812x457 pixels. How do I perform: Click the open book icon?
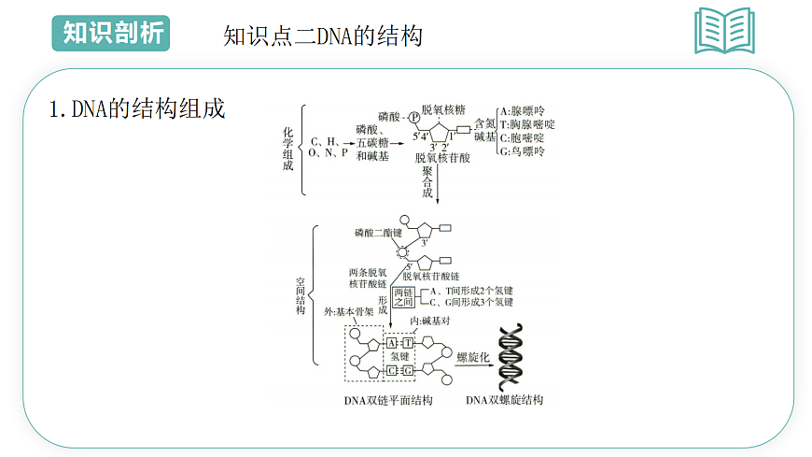point(724,31)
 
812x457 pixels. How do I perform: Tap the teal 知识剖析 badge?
point(110,33)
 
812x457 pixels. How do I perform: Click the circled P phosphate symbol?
point(414,118)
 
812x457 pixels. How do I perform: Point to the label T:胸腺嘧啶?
point(527,123)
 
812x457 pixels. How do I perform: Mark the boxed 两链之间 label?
point(403,297)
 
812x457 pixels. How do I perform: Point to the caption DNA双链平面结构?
point(388,400)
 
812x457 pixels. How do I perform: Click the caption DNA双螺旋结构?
point(504,400)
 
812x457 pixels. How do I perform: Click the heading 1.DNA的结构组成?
point(137,108)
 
